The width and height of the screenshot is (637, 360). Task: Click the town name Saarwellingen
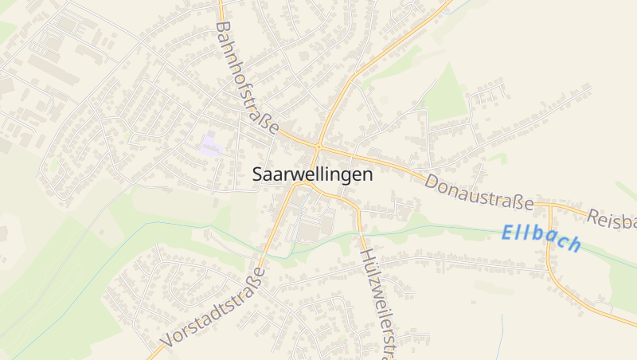click(x=312, y=174)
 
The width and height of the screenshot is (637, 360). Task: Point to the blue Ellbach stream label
click(x=541, y=238)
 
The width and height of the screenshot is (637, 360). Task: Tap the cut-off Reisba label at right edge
click(x=613, y=219)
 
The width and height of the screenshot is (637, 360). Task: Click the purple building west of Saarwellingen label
click(x=212, y=146)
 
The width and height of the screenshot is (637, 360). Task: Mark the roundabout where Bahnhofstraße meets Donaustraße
click(x=318, y=147)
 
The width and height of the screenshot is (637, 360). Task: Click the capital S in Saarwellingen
click(x=258, y=174)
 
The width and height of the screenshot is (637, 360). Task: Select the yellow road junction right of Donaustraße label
click(x=549, y=205)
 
